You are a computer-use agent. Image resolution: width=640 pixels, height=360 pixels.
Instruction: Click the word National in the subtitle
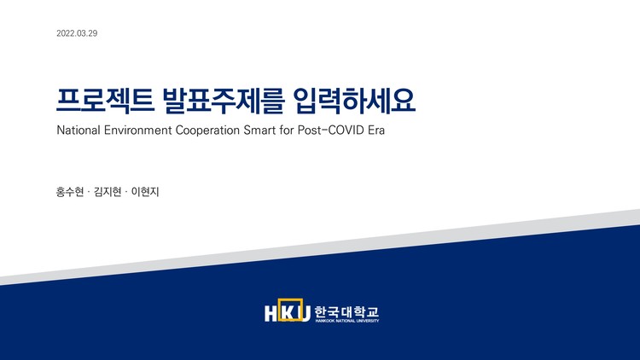(x=79, y=134)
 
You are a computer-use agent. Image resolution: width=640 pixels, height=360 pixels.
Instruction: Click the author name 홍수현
(x=69, y=192)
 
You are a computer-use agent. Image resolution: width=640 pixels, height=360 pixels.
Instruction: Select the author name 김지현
(x=109, y=192)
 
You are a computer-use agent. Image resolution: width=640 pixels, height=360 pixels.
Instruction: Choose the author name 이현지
(x=146, y=192)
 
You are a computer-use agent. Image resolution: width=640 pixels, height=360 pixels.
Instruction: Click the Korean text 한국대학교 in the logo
(x=346, y=311)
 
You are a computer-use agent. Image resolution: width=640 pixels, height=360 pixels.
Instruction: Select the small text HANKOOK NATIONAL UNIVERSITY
(x=346, y=322)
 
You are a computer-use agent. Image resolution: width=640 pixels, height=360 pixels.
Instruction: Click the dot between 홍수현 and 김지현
(x=89, y=192)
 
